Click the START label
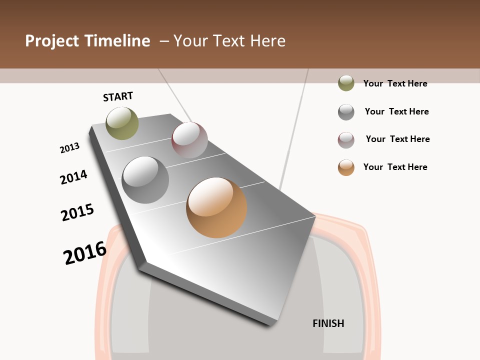coord(118,96)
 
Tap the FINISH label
coord(328,323)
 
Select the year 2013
coord(70,147)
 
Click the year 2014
coord(74,177)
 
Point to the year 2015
coord(77,212)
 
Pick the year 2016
coord(85,253)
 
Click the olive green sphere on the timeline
coord(122,123)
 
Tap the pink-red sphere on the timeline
coord(189,139)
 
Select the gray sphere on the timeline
coord(145,179)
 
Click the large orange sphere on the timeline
coord(216,207)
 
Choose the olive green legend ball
coord(346,83)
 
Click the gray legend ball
coord(346,112)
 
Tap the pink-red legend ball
coord(346,140)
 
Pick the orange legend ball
coord(346,167)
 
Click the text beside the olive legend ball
coord(395,83)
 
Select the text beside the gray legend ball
coord(397,111)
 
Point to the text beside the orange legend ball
coord(395,167)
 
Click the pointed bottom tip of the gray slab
coord(270,323)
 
